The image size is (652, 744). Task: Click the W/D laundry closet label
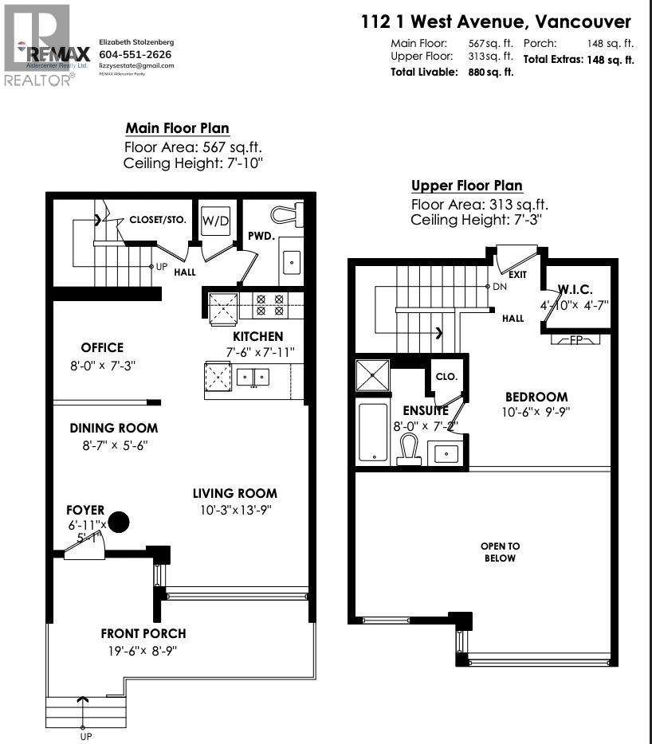click(x=215, y=221)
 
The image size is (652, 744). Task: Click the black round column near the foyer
click(x=119, y=522)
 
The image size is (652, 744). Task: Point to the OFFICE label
click(x=102, y=347)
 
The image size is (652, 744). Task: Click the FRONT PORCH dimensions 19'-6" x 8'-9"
click(x=143, y=651)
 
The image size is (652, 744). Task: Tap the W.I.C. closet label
click(x=579, y=290)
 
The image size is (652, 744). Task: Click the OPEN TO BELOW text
click(x=500, y=552)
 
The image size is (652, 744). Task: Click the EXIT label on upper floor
click(x=518, y=273)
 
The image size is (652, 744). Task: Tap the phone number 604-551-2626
click(x=135, y=54)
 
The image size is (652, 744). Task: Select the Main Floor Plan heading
click(x=177, y=128)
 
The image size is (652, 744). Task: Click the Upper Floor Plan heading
click(x=467, y=186)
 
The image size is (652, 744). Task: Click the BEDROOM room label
click(x=536, y=397)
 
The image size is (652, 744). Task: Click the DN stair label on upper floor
click(x=500, y=286)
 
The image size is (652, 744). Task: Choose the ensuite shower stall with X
click(x=375, y=374)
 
